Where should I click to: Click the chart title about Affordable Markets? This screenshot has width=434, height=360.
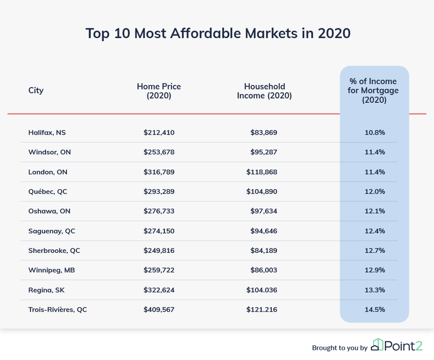click(217, 34)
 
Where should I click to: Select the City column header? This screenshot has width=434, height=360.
click(36, 90)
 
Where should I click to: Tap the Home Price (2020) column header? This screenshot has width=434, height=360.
click(159, 91)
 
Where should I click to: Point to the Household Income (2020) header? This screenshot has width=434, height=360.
click(264, 91)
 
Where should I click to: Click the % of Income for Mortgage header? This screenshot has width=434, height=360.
click(374, 91)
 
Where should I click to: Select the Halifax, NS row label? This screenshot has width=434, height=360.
click(47, 132)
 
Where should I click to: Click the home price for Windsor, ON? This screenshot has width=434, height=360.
click(159, 152)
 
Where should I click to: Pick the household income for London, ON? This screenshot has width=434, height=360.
click(262, 172)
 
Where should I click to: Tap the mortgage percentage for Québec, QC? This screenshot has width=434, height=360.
click(375, 191)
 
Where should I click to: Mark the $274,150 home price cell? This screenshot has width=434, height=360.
click(159, 231)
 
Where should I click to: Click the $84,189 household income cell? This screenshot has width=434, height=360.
click(264, 250)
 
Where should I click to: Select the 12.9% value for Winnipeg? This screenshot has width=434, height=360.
click(375, 270)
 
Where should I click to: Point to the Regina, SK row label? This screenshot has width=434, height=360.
click(46, 290)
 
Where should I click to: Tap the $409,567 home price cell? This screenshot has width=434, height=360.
click(159, 310)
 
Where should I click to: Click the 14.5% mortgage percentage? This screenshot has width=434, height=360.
click(375, 310)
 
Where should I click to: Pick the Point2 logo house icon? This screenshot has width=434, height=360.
click(377, 345)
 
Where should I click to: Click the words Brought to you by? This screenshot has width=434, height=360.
click(340, 348)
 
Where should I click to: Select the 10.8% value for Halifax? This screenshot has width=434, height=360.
click(375, 132)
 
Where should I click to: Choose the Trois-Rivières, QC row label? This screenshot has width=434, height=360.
click(58, 310)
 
